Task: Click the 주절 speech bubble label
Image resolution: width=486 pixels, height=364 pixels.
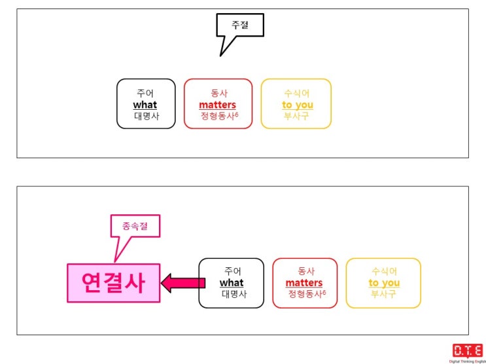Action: [240, 25]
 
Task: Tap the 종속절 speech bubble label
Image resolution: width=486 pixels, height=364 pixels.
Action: [135, 226]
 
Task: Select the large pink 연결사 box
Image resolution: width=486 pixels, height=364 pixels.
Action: [114, 283]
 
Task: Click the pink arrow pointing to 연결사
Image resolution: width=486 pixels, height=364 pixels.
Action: [183, 283]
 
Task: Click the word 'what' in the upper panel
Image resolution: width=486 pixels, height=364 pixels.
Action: [145, 105]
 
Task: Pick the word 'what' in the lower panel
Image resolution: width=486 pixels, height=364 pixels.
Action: [232, 283]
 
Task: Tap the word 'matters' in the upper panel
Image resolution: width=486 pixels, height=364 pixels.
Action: [218, 105]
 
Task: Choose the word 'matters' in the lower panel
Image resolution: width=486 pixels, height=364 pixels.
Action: [304, 283]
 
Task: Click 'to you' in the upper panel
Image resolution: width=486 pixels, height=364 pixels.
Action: [298, 105]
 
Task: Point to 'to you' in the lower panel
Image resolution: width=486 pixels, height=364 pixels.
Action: [384, 283]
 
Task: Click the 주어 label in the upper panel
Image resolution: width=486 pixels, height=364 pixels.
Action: [145, 93]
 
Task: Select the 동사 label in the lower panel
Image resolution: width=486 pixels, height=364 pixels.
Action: [306, 271]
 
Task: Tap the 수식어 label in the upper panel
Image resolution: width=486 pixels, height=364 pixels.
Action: [296, 93]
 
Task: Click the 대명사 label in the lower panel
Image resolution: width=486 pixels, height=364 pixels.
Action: [234, 294]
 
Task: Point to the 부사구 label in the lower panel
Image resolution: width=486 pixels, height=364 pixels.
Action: [384, 294]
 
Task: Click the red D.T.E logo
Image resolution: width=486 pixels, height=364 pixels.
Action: [468, 350]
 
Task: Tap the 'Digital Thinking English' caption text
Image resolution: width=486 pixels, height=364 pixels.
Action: [468, 361]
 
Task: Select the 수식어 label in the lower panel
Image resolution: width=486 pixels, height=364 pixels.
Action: [385, 271]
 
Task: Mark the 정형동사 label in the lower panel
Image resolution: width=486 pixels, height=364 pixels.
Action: [307, 294]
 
